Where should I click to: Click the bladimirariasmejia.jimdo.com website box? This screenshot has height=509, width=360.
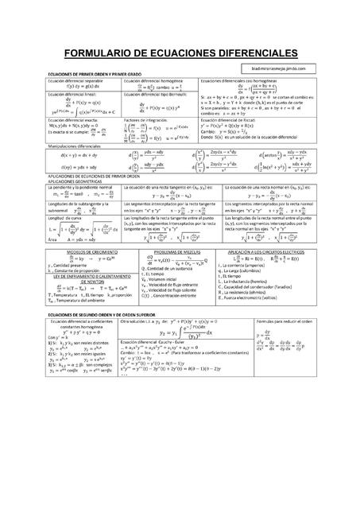(277, 68)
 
